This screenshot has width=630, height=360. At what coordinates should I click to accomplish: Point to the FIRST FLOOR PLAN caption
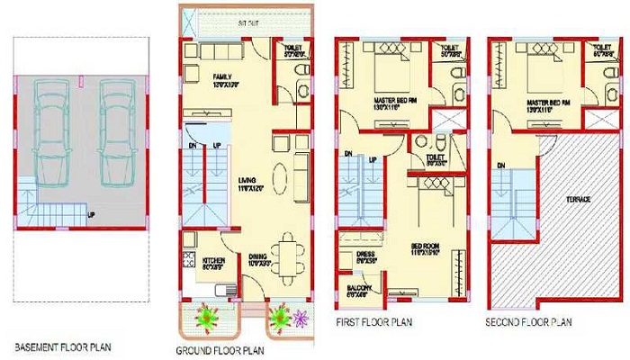(369, 321)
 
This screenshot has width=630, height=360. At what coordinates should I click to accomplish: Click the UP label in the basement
(92, 215)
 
